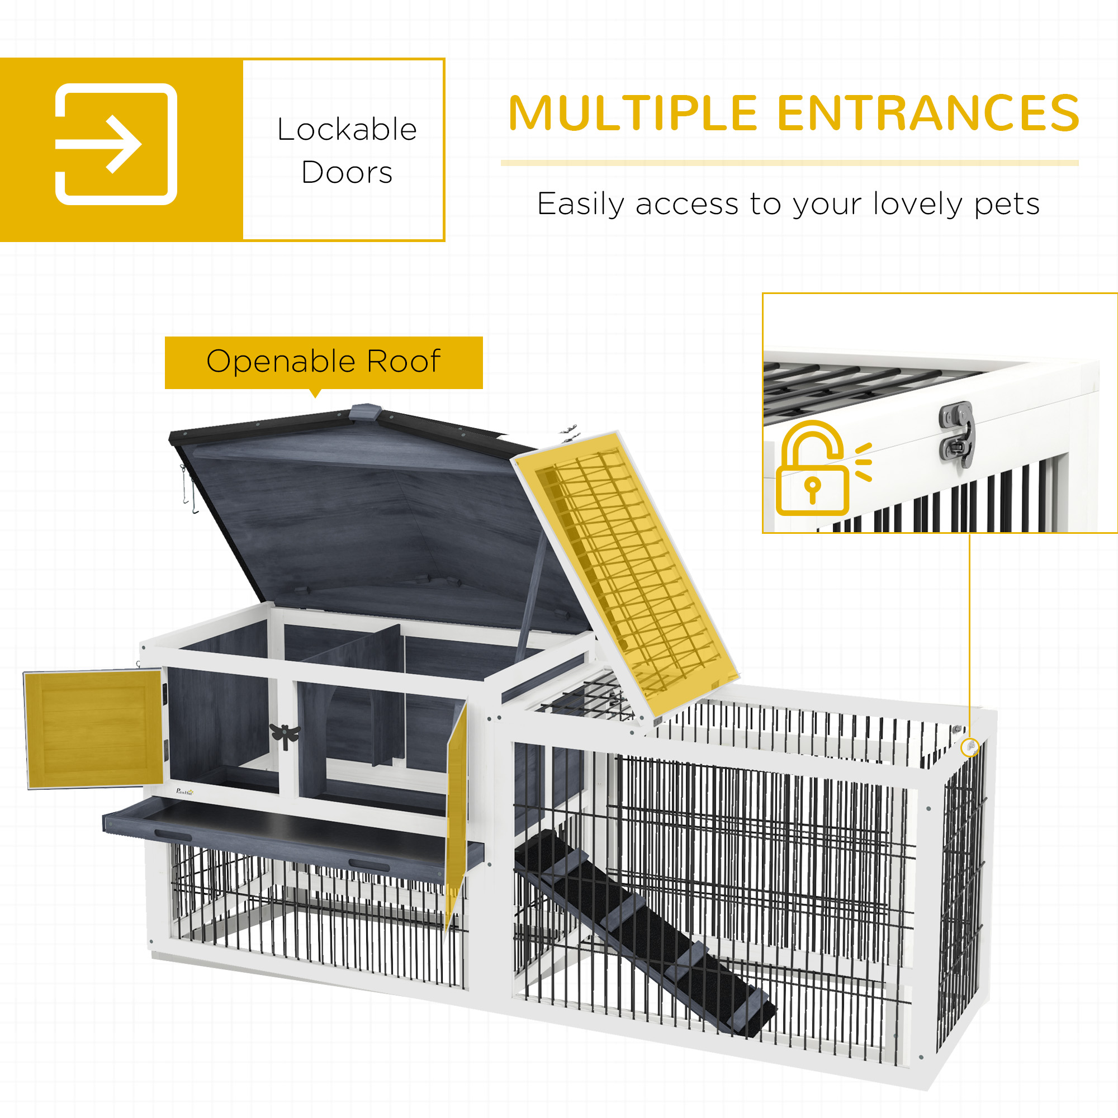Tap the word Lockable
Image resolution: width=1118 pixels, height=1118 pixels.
(347, 129)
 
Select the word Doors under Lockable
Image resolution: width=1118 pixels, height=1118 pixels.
(347, 172)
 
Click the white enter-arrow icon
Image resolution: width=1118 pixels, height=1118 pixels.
(116, 144)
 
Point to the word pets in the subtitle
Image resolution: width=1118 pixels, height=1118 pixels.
(1007, 204)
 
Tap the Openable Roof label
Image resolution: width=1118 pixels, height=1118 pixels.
(324, 362)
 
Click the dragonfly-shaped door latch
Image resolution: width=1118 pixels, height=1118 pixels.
(285, 735)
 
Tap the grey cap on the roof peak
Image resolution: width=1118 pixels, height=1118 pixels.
(366, 412)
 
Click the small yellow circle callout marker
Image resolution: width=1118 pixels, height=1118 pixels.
(969, 747)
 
